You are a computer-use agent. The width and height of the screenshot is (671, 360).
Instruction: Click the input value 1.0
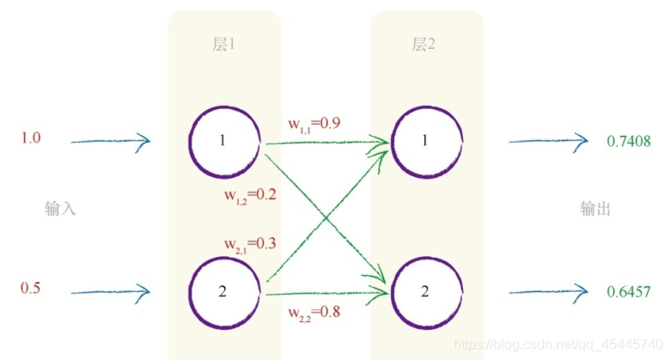[31, 138]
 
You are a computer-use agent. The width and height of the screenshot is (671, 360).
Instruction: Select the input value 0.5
[31, 289]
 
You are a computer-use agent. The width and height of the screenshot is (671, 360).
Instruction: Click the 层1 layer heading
[223, 45]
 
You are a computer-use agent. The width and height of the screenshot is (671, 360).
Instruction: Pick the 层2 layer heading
[424, 45]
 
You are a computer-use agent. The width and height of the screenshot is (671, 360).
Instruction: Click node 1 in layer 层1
[223, 141]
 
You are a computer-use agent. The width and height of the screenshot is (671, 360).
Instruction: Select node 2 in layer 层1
[223, 292]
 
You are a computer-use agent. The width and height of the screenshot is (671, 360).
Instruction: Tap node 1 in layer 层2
[424, 141]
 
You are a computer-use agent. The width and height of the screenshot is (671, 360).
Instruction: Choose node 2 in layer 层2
[424, 291]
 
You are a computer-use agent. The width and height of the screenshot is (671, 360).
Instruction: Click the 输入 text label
[60, 209]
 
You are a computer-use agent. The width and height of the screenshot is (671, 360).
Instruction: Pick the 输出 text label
[595, 209]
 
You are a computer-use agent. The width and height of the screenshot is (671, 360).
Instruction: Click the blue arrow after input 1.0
[110, 141]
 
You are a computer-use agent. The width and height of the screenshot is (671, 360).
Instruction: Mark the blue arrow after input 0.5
[110, 292]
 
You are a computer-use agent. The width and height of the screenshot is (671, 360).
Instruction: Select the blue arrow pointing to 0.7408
[547, 141]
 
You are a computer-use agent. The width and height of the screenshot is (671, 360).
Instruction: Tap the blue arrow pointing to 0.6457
[547, 292]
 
